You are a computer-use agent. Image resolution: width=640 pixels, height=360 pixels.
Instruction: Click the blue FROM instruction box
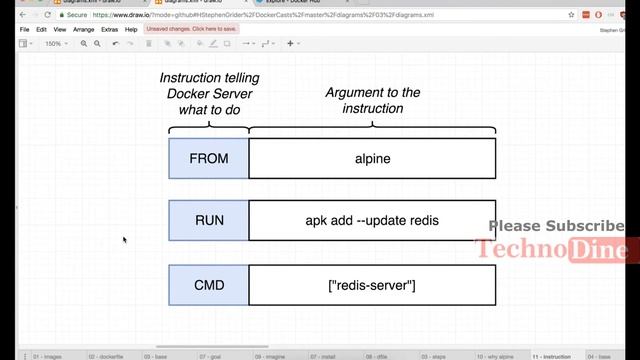coord(209,158)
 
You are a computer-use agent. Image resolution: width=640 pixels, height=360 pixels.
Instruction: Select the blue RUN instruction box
coord(209,220)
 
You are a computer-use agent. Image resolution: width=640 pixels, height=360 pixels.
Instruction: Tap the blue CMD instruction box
coord(209,285)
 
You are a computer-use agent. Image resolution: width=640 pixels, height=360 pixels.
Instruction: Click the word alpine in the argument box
coord(372,158)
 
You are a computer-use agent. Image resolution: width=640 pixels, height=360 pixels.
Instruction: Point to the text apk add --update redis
coord(372,220)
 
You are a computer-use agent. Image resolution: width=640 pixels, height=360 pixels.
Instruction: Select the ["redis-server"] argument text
coord(372,286)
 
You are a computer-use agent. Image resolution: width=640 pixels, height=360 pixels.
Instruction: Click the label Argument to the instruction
coord(372,100)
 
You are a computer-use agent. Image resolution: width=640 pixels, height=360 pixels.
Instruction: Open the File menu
coord(24,30)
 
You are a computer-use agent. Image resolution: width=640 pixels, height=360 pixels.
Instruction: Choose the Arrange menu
coord(84,30)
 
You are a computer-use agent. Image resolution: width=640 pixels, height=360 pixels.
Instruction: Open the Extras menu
coord(110,30)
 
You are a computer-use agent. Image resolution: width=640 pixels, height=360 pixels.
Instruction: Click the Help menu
coord(131,30)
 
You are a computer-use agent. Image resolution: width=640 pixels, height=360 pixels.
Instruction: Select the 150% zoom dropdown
coord(54,44)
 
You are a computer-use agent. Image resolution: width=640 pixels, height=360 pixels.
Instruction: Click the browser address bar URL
coord(260,15)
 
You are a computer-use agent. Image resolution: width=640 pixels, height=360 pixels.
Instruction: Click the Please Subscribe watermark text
coord(556,227)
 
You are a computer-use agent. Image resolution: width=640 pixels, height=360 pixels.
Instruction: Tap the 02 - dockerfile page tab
coord(107,356)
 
